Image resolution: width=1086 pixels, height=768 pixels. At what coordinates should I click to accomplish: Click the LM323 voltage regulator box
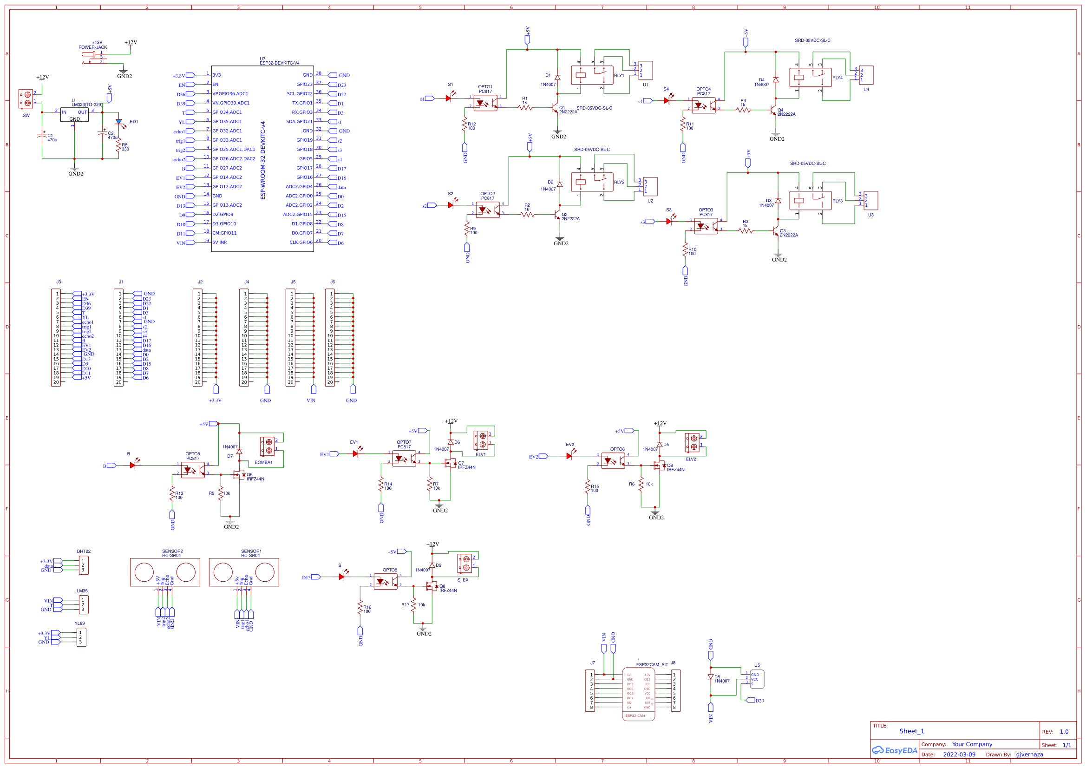click(74, 114)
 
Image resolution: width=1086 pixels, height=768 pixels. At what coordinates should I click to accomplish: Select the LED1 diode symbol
click(119, 122)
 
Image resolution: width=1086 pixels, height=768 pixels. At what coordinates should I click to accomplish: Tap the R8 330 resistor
click(118, 147)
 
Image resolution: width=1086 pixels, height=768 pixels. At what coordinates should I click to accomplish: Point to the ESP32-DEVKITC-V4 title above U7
click(279, 63)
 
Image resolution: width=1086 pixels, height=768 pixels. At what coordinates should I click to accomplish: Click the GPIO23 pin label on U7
click(304, 85)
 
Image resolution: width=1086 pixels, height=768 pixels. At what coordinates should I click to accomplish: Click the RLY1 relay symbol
click(592, 75)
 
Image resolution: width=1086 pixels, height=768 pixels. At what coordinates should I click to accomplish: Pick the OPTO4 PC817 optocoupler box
click(703, 105)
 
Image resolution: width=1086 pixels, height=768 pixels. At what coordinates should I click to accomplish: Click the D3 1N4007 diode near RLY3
click(778, 201)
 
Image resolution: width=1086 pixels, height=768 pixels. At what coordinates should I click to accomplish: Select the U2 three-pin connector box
click(650, 186)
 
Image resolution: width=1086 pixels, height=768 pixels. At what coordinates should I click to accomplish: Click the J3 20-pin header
click(56, 338)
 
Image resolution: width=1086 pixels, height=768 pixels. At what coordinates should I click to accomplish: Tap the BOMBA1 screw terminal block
click(267, 446)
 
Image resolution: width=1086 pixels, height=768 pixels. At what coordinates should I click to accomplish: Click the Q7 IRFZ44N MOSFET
click(450, 464)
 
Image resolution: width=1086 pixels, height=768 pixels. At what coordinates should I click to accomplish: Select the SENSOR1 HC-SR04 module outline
click(243, 571)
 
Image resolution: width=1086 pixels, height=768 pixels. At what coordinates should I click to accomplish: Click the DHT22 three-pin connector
click(83, 565)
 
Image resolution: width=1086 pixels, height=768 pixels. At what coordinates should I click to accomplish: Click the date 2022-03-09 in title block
click(959, 755)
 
